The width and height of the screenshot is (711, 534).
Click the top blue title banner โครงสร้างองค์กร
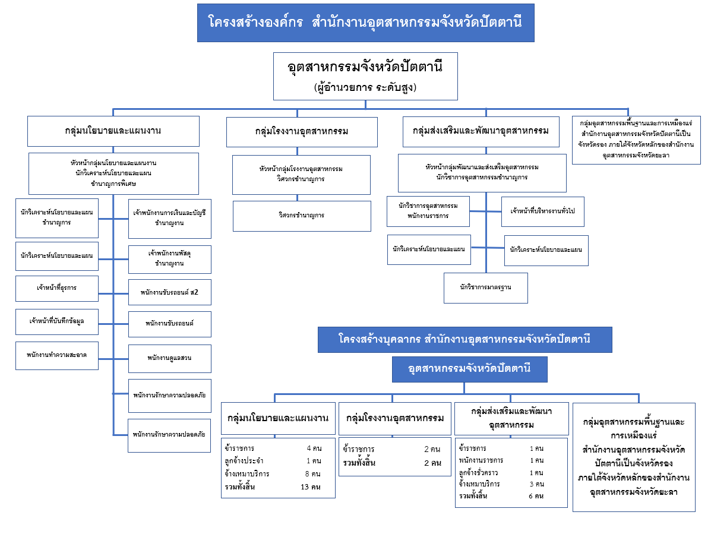365,23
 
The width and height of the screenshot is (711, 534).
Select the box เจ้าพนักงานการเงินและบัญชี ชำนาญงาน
169,218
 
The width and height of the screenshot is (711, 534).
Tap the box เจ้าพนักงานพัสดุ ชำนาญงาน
169,258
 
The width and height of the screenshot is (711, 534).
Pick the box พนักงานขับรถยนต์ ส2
169,292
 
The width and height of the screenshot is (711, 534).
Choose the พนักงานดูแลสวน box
169,358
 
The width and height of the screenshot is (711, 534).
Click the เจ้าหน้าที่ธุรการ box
56,288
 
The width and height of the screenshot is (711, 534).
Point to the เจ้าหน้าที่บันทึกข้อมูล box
56,321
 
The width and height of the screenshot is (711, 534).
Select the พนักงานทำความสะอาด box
56,355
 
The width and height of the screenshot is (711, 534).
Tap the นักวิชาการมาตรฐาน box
485,287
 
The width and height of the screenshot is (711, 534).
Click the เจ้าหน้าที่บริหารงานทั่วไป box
542,211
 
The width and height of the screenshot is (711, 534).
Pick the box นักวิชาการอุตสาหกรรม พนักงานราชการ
428,211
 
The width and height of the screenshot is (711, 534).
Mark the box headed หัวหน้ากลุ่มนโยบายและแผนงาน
113,173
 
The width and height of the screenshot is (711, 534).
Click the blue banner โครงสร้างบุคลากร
464,340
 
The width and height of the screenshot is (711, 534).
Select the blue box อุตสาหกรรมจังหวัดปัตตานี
469,369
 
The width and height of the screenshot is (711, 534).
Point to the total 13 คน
311,487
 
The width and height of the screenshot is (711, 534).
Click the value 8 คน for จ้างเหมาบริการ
312,474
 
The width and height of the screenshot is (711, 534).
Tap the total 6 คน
536,496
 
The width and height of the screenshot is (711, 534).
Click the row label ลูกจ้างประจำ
244,461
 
